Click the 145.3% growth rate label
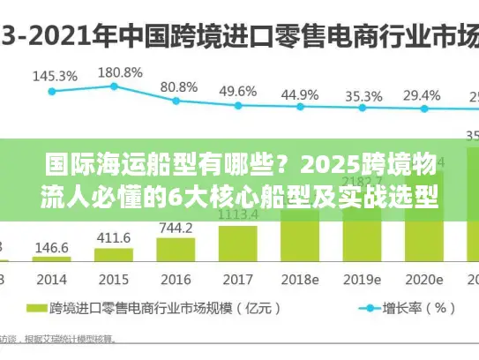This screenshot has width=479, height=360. coord(55,76)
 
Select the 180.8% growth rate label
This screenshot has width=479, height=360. coord(119,72)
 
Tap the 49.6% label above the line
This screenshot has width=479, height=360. coord(238,91)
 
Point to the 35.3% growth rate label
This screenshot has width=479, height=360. coord(363,95)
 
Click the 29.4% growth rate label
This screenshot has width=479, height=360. coord(422,95)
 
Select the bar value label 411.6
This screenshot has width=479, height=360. coord(114,238)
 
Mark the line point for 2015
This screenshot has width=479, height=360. coord(114,86)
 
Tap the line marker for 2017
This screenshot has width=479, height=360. coord(238,105)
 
